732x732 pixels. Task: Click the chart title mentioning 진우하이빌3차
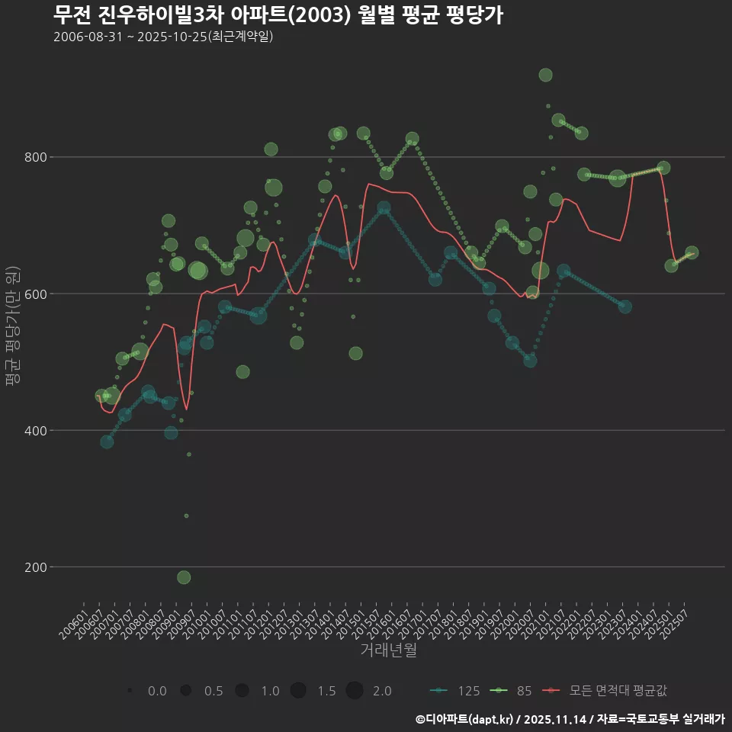[278, 15]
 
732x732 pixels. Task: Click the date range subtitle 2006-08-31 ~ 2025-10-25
[163, 37]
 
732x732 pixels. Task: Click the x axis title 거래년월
[388, 650]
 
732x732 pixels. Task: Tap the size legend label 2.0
[382, 691]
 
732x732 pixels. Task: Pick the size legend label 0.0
[157, 691]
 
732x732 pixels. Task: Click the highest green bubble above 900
[545, 75]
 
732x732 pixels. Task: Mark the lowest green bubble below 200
[184, 577]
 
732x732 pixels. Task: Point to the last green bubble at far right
[692, 252]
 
